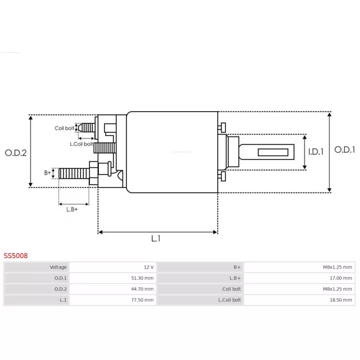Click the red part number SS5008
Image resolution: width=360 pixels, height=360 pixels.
[x=16, y=256]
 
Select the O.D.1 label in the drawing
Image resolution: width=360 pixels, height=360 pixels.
[x=345, y=150]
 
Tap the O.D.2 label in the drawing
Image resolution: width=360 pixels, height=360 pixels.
[x=16, y=153]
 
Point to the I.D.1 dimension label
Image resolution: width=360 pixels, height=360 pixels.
[x=316, y=152]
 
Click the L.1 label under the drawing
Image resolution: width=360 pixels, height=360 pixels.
[x=156, y=238]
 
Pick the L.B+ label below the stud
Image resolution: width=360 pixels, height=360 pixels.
[x=72, y=209]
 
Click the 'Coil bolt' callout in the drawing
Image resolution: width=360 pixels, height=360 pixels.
[x=64, y=128]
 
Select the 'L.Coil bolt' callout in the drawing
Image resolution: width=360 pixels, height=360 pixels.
[x=81, y=144]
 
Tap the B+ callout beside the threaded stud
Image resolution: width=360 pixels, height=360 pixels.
[x=48, y=173]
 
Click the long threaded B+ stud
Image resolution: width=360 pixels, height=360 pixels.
[x=74, y=174]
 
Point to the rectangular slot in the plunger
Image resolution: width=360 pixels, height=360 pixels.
[x=273, y=152]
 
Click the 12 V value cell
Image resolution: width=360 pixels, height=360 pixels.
[x=149, y=267]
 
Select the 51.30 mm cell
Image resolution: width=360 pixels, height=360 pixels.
[x=142, y=278]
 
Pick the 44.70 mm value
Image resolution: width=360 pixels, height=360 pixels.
[x=142, y=289]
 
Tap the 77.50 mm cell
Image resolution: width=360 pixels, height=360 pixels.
[x=142, y=300]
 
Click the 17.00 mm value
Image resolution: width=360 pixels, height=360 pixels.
[x=341, y=278]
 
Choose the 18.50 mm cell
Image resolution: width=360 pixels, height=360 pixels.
[x=341, y=300]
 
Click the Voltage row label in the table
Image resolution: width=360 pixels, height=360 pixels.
[x=58, y=267]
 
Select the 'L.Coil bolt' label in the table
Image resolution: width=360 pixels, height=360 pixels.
[x=229, y=300]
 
